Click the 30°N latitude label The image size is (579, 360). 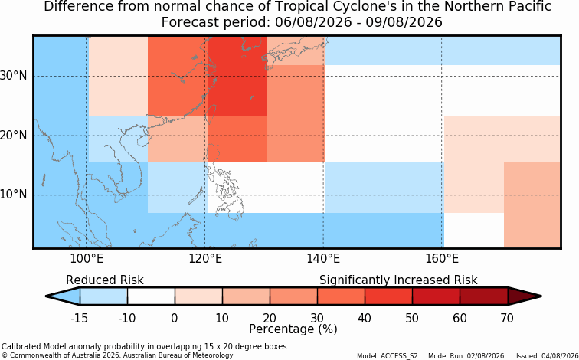pos(14,76)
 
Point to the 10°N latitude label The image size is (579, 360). pos(14,195)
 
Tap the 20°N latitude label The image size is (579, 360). pos(14,136)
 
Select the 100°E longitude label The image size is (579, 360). pos(87,259)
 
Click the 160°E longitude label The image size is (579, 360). pos(442,259)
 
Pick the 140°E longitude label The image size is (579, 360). pos(323,259)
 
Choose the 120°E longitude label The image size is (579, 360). pos(205,259)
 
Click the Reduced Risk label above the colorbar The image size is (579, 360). pos(104,280)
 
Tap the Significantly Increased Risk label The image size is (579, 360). pos(398,280)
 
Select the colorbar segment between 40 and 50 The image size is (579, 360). pos(388,296)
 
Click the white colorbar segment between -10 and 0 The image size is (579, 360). pos(151,296)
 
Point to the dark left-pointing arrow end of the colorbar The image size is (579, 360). pos(63,296)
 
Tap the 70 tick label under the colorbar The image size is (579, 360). pos(507,318)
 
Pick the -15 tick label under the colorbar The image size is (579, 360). pos(79,318)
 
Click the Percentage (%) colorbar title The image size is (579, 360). pos(293,329)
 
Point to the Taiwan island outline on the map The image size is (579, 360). pos(212,112)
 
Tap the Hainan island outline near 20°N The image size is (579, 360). pos(142,142)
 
